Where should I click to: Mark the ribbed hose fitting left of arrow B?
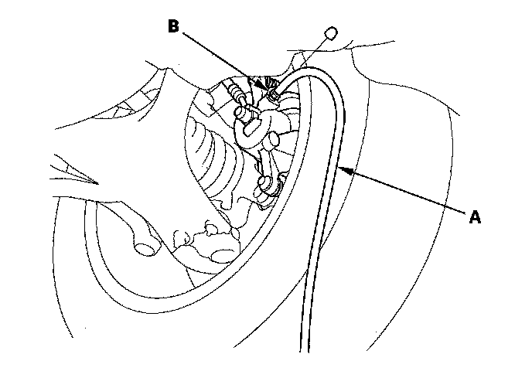click(x=236, y=97)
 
